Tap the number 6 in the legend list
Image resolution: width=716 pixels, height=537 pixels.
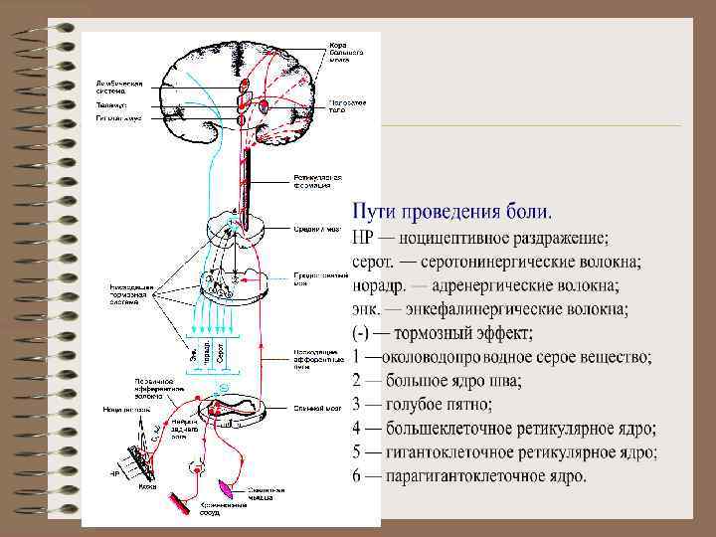(358, 476)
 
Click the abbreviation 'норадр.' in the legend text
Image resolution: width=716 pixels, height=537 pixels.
(379, 285)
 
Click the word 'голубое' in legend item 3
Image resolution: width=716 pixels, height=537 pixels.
(415, 405)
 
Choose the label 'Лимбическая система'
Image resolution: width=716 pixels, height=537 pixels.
(130, 88)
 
